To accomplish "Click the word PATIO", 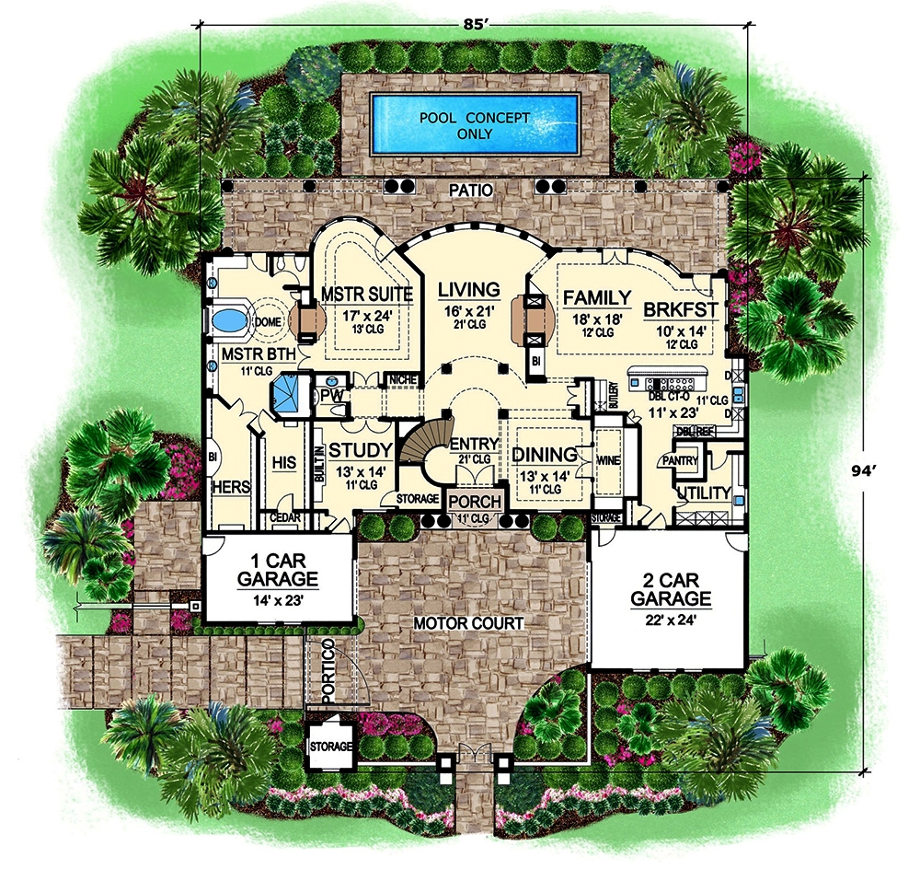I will [x=473, y=191].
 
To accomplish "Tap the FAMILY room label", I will [x=597, y=298].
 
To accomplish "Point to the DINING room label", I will [x=544, y=455].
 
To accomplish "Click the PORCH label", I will [x=475, y=503].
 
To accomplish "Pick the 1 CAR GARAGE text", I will [x=277, y=571].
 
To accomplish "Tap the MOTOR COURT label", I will [x=468, y=624].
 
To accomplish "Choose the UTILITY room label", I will [x=703, y=493].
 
